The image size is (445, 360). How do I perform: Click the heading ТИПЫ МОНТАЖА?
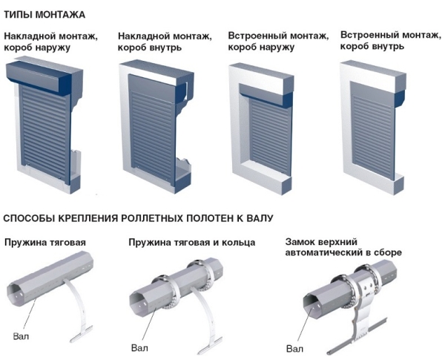point(44,15)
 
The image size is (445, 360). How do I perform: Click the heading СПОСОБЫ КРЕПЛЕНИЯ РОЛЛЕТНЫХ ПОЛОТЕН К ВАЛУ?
point(138,218)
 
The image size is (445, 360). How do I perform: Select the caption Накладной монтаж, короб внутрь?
point(164,42)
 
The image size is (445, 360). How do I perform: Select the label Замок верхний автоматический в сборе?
point(343,247)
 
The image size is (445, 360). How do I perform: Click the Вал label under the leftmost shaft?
point(22,336)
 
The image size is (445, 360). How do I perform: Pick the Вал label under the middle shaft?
point(139,347)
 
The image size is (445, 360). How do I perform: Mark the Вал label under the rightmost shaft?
point(294,348)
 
